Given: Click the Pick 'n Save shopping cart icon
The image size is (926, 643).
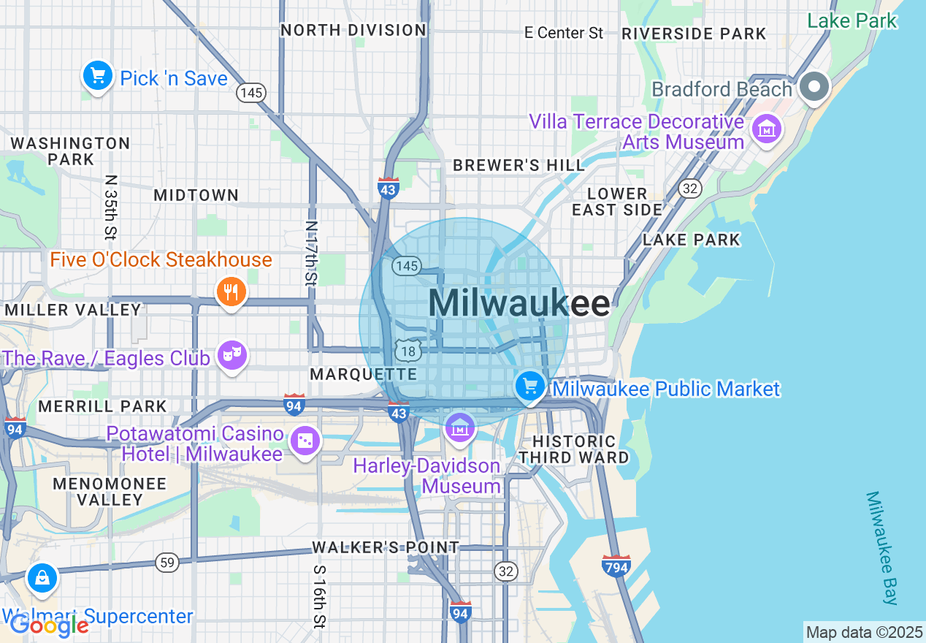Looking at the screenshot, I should pyautogui.click(x=98, y=76).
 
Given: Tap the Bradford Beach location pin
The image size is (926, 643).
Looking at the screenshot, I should pyautogui.click(x=814, y=88).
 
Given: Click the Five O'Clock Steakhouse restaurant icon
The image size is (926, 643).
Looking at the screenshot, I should pyautogui.click(x=231, y=292).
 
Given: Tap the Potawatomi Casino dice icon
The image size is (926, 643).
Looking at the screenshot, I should pyautogui.click(x=305, y=441).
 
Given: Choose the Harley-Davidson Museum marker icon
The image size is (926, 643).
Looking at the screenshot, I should pyautogui.click(x=460, y=429).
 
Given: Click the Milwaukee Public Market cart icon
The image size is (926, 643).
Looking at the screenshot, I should pyautogui.click(x=530, y=386).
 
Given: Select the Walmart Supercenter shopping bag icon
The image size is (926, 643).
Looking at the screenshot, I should pyautogui.click(x=42, y=578).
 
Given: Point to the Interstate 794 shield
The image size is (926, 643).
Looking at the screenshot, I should pyautogui.click(x=616, y=566).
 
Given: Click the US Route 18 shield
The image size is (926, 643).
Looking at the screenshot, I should pyautogui.click(x=407, y=351).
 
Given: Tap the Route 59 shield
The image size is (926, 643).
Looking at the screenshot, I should pyautogui.click(x=167, y=562).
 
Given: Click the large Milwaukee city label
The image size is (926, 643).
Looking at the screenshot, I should pyautogui.click(x=519, y=303).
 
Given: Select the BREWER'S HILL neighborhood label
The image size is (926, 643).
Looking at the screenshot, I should pyautogui.click(x=519, y=166).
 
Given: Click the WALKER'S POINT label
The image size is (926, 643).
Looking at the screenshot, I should pyautogui.click(x=386, y=547).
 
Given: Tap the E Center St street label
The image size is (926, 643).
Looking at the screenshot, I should pyautogui.click(x=565, y=33).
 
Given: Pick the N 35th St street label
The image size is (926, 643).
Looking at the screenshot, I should pyautogui.click(x=110, y=207).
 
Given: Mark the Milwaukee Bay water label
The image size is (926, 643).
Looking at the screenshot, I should pyautogui.click(x=881, y=548).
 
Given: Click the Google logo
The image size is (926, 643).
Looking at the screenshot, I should pyautogui.click(x=49, y=625).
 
